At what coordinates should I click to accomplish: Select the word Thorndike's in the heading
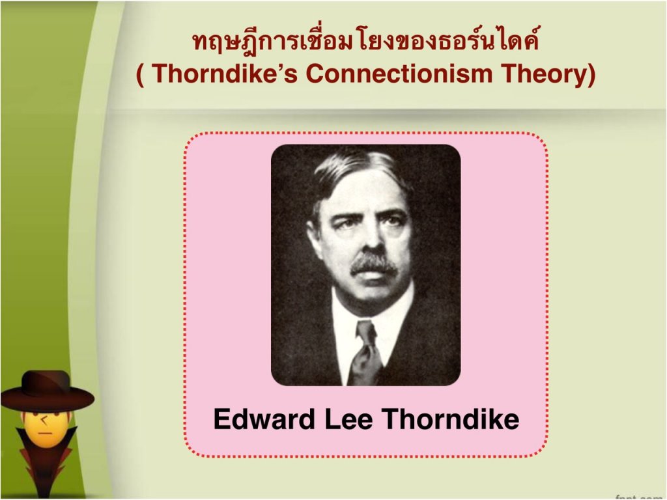pos(224,73)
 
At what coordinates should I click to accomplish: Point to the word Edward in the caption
pos(264,419)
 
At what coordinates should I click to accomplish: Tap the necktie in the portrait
pos(365,353)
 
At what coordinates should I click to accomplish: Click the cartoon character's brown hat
pos(47,392)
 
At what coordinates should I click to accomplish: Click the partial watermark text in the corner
pos(640,497)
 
